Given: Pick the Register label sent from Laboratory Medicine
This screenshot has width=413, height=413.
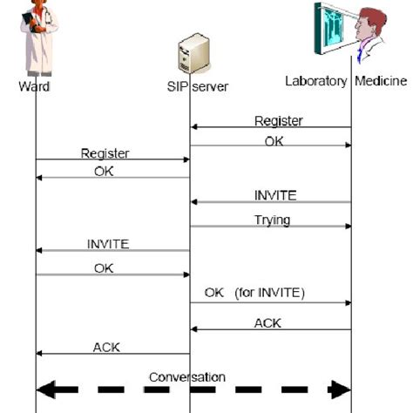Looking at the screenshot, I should tap(278, 121).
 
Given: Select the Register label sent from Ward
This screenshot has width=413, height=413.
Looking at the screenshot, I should tap(105, 153).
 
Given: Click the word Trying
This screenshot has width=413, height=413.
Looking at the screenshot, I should tap(273, 220).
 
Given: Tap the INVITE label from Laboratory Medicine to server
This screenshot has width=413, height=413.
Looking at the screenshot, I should tap(274, 195).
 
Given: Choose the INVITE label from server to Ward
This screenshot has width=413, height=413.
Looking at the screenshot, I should tap(107, 245).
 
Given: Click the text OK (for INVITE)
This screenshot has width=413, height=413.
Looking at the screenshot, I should tap(254, 294).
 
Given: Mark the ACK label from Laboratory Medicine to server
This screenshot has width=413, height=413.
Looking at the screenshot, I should tap(267, 322).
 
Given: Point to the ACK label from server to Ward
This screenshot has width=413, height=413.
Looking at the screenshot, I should tap(106, 347).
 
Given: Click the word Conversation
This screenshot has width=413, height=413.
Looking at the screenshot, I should tap(186, 376).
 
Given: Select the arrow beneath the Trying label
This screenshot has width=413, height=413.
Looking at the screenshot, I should tap(270, 227).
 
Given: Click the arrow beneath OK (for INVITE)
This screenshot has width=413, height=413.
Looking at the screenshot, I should tap(270, 303).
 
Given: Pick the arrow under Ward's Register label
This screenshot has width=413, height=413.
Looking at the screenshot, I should tap(112, 160).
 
